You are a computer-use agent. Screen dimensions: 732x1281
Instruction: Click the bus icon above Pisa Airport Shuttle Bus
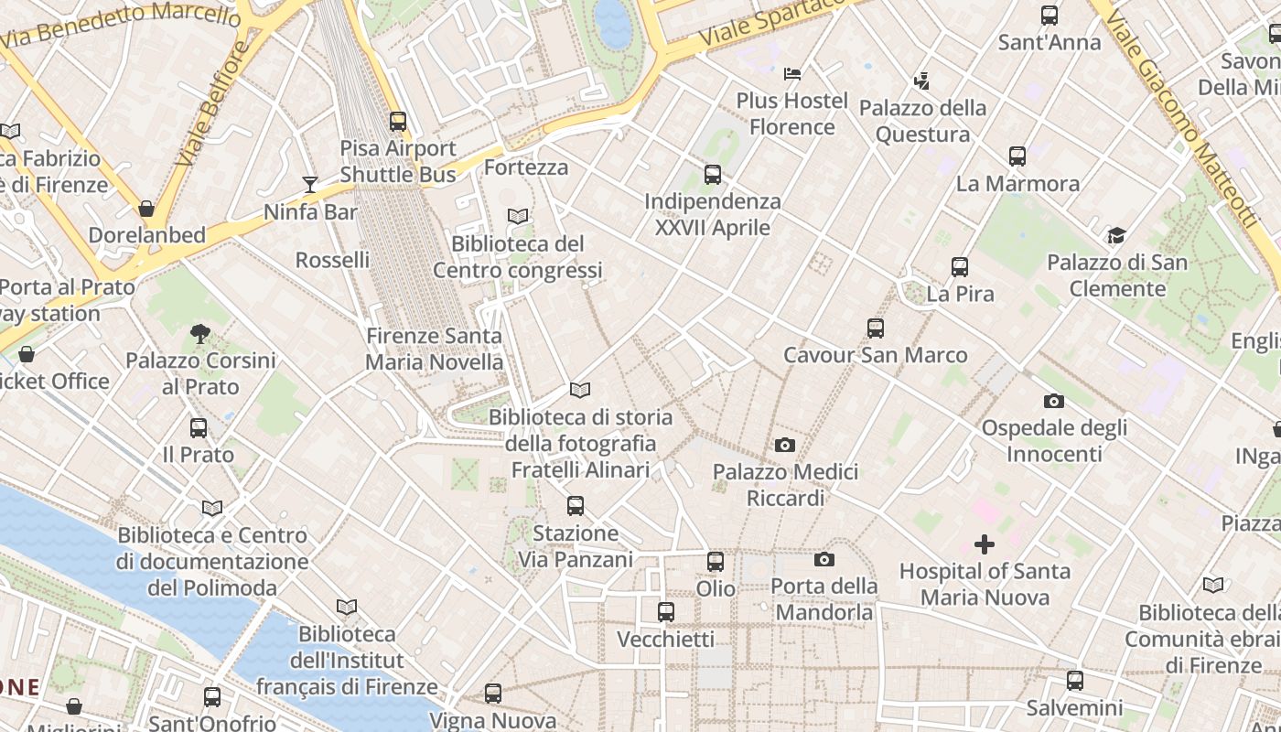397,121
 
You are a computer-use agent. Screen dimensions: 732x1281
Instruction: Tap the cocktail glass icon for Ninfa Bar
310,185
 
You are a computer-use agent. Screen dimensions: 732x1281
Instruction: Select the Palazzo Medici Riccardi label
786,485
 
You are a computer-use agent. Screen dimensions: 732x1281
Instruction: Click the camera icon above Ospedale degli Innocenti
1053,401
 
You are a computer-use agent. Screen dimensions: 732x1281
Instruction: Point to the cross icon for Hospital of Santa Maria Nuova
984,545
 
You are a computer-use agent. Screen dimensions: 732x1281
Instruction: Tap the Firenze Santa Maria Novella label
434,349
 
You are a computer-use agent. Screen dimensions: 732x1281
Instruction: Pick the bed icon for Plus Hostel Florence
792,73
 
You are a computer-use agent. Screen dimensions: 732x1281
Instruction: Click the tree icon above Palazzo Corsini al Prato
199,333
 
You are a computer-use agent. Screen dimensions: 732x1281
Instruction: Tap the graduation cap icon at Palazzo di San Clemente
1116,236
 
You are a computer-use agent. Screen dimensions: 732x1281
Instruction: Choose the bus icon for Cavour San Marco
875,328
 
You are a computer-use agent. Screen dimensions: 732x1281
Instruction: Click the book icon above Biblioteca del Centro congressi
518,217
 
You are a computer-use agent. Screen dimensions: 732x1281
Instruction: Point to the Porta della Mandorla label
823,598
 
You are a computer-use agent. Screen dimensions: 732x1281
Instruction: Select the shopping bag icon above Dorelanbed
145,209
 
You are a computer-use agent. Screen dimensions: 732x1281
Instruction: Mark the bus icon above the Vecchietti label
665,611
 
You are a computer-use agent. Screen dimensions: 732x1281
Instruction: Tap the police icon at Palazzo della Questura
921,81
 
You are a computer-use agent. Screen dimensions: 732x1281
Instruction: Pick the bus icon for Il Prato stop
198,427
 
